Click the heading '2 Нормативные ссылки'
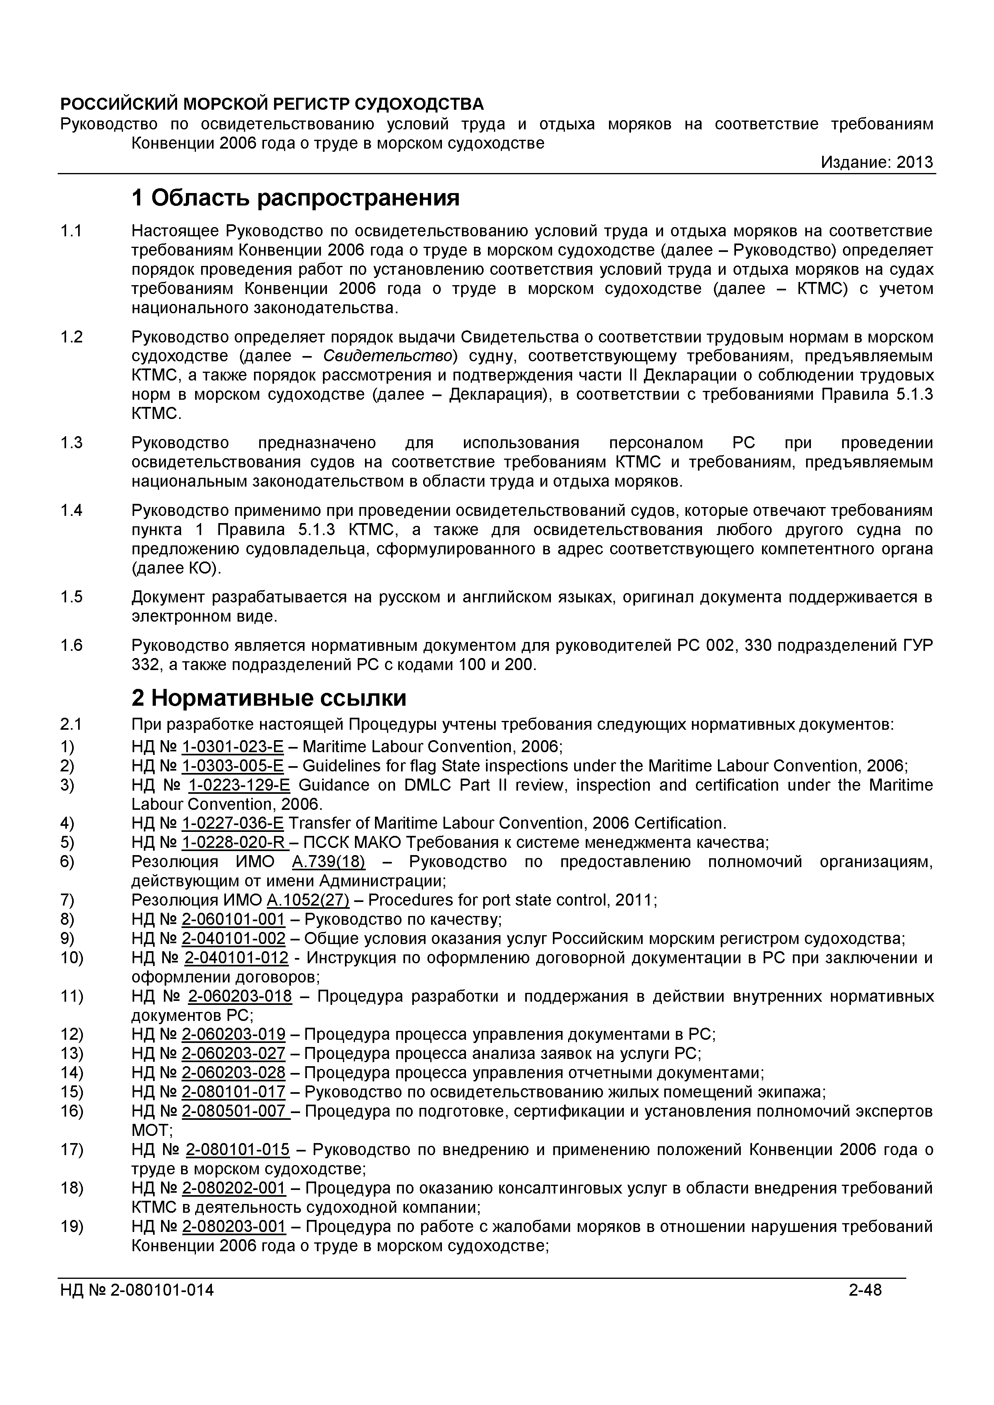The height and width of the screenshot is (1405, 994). pyautogui.click(x=269, y=698)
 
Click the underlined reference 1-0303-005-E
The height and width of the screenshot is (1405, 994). pyautogui.click(x=233, y=765)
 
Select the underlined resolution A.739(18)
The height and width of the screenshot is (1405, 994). pyautogui.click(x=328, y=862)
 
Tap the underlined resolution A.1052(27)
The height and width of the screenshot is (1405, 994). pyautogui.click(x=308, y=900)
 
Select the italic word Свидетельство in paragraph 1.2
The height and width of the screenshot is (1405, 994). pyautogui.click(x=387, y=356)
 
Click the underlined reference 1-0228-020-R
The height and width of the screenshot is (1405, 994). pyautogui.click(x=234, y=843)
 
